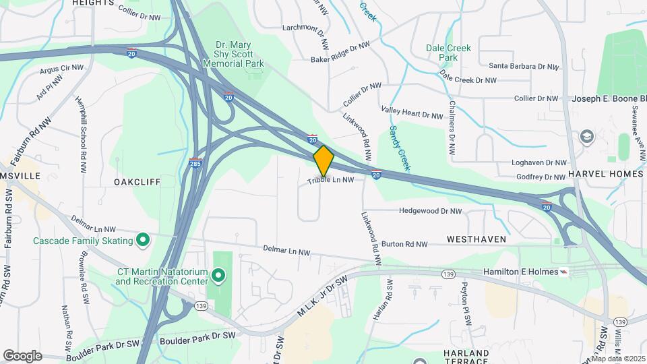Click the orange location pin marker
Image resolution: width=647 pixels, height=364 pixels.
(x=323, y=161)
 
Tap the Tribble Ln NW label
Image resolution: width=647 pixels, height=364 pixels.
(x=331, y=181)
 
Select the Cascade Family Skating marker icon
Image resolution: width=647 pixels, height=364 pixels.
(x=143, y=239)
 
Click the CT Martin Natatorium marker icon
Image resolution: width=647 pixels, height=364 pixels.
(x=218, y=275)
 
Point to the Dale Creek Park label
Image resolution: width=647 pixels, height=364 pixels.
(x=448, y=53)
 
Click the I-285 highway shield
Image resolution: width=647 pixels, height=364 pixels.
(x=195, y=163)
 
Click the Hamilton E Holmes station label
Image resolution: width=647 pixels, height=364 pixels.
(x=522, y=272)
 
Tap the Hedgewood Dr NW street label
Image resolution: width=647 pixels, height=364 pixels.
(x=431, y=211)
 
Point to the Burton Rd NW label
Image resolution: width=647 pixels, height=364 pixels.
(x=404, y=244)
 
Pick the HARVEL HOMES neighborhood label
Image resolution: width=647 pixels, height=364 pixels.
(x=605, y=174)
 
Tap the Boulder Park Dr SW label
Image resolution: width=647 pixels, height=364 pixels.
(x=197, y=338)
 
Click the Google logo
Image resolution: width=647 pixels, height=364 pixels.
(x=22, y=355)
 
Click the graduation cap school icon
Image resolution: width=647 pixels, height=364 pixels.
(x=586, y=136)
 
